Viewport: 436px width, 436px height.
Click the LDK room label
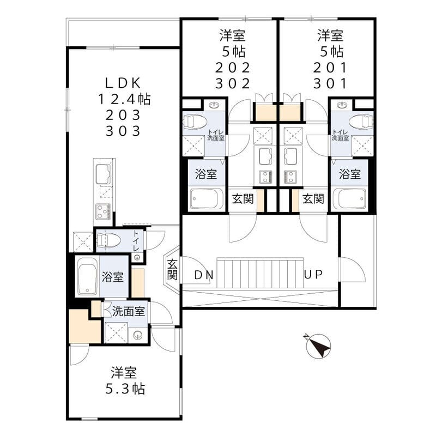coord(123,83)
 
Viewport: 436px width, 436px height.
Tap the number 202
coord(233,68)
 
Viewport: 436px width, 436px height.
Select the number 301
coord(330,83)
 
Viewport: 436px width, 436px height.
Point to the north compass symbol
coord(318,346)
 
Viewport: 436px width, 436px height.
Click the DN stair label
coord(204,275)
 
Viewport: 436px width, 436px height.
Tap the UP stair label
coord(313,275)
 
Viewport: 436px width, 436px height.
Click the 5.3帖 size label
coord(125,389)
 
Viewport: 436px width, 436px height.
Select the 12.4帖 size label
coord(124,99)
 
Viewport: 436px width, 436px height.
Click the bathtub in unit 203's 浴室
coord(88,276)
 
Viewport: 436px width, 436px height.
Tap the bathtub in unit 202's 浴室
coord(207,199)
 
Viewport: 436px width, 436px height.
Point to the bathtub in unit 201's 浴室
coord(350,199)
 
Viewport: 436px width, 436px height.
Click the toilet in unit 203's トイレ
coord(108,240)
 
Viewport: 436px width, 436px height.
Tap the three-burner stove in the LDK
coord(103,211)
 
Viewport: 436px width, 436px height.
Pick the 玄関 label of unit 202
coord(243,199)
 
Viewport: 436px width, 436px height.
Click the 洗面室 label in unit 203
coord(129,311)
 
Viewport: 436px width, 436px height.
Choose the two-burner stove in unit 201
coord(290,177)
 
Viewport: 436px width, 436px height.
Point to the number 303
coord(123,131)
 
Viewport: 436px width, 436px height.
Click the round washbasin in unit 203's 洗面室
coord(137,336)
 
